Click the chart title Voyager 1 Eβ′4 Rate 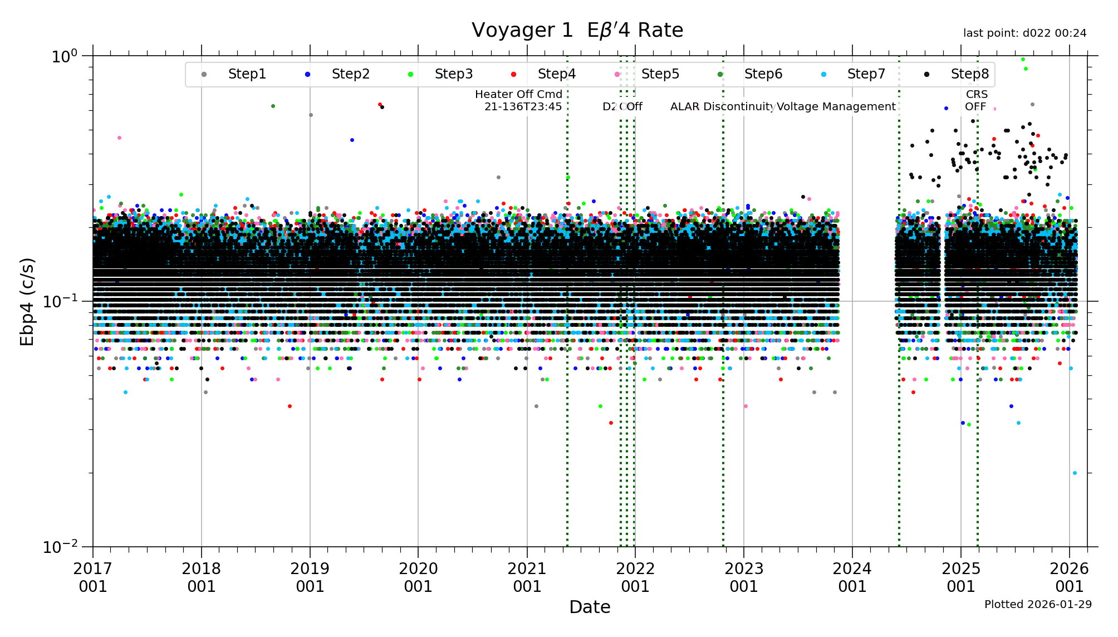(577, 30)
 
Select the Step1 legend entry (247, 74)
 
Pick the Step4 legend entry (556, 74)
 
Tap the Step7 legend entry (866, 74)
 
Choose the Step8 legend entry (969, 74)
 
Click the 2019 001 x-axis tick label (310, 577)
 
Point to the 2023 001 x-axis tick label (744, 577)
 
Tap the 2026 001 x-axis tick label (1069, 577)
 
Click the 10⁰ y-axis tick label (64, 56)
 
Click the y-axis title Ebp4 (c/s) (27, 301)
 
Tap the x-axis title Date (590, 607)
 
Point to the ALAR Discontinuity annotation (722, 107)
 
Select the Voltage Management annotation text (836, 107)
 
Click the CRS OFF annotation (976, 101)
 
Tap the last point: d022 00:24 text (1024, 33)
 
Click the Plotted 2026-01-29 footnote (1038, 605)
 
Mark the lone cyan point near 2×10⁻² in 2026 (1075, 473)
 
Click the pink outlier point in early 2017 (119, 138)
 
